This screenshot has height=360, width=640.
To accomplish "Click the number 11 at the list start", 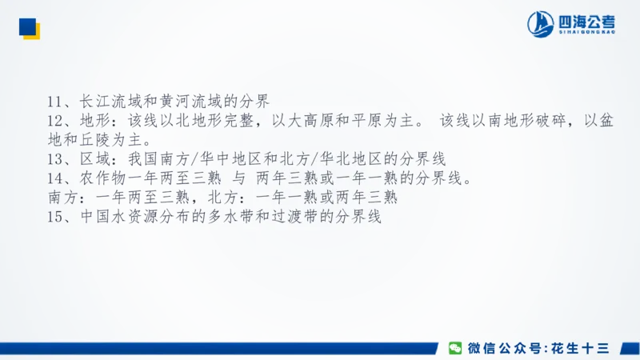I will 55,102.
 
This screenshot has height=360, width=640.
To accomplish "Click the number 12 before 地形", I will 55,121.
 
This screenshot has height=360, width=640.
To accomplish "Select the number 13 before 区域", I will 55,158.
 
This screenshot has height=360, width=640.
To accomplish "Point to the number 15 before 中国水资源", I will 55,216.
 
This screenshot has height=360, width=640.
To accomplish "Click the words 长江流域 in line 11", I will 107,102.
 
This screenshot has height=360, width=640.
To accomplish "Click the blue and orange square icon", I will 30,30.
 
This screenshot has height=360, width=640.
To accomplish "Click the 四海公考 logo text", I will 588,22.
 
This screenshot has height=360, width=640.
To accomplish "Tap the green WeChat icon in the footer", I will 454,348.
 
